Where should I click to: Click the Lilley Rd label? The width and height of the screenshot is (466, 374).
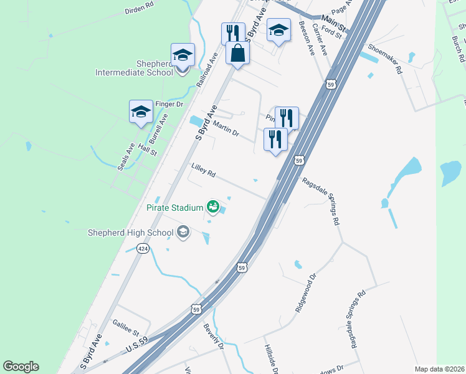pos(203,170)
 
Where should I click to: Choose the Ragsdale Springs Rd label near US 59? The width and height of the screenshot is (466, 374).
pos(321,201)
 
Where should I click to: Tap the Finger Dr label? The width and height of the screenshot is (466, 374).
pos(169,104)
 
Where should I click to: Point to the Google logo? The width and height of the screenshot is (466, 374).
pos(21,367)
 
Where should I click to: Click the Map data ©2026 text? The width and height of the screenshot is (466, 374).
pos(440,369)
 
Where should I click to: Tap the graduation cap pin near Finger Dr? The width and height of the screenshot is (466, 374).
pos(141,111)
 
